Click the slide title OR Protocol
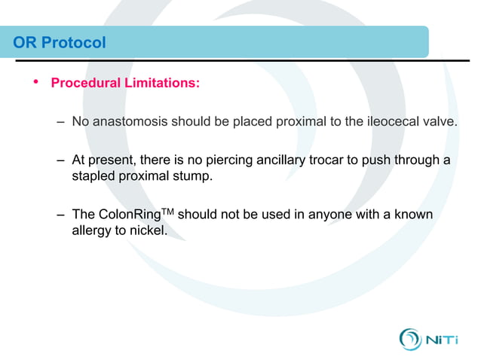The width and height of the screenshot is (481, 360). pyautogui.click(x=60, y=43)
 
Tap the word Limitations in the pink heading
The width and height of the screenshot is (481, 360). pyautogui.click(x=161, y=83)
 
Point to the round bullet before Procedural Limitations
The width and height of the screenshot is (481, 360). pyautogui.click(x=34, y=81)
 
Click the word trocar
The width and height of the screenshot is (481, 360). pyautogui.click(x=346, y=160)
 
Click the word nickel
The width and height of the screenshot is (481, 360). pyautogui.click(x=148, y=230)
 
